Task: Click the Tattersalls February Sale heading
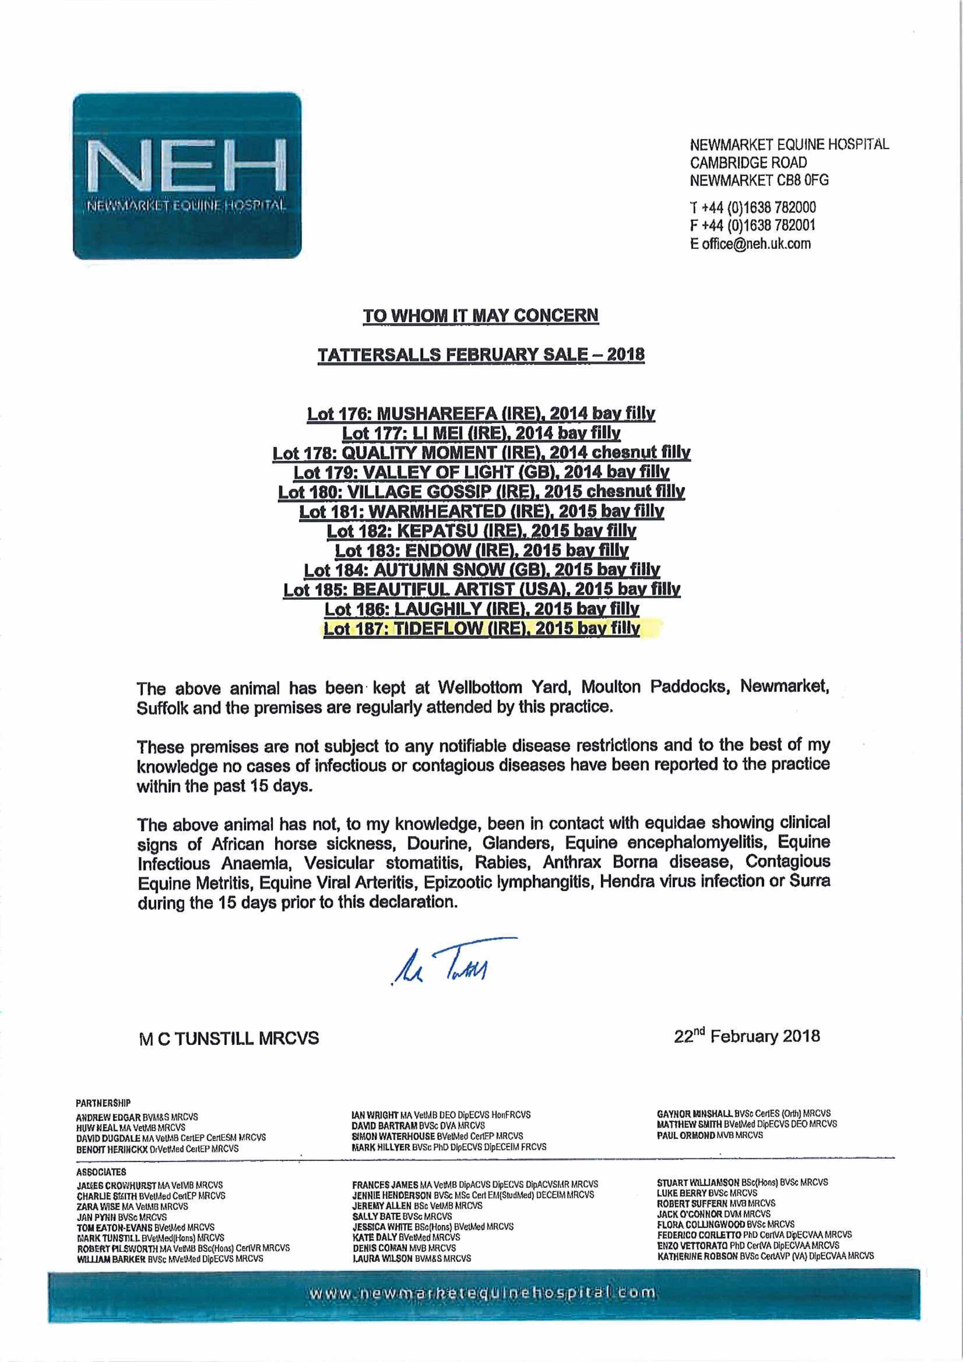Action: (x=481, y=355)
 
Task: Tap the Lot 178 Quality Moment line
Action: (x=481, y=453)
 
